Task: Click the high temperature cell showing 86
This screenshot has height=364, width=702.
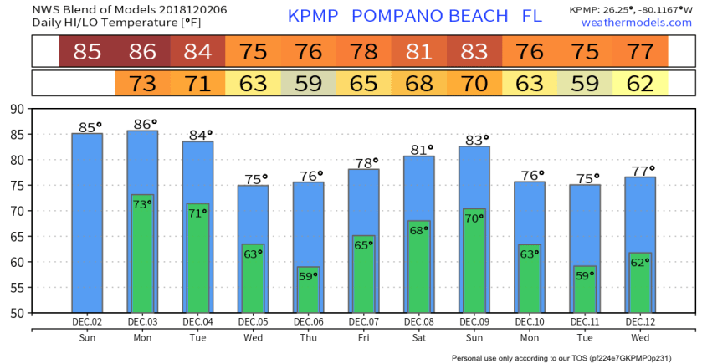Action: click(142, 52)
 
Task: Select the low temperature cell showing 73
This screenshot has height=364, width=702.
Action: click(142, 84)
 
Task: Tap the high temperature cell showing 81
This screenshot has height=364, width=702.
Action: click(418, 52)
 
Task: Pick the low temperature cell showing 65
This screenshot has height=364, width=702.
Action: click(363, 84)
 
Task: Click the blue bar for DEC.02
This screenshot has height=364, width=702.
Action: click(87, 222)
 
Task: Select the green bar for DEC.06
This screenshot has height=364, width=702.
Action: click(308, 290)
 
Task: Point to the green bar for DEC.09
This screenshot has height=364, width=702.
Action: click(474, 260)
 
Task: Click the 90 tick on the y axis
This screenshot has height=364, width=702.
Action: click(18, 109)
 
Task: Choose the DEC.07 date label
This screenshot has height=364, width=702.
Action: click(363, 321)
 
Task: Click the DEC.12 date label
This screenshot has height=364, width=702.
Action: click(639, 321)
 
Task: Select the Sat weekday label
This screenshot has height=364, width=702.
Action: click(418, 337)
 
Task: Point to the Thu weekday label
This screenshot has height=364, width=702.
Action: click(308, 337)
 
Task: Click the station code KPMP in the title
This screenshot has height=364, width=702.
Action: click(313, 16)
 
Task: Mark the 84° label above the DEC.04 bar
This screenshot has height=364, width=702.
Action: click(197, 134)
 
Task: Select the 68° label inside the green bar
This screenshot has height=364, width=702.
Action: click(418, 230)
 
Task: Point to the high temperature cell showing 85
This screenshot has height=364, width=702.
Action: click(87, 52)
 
